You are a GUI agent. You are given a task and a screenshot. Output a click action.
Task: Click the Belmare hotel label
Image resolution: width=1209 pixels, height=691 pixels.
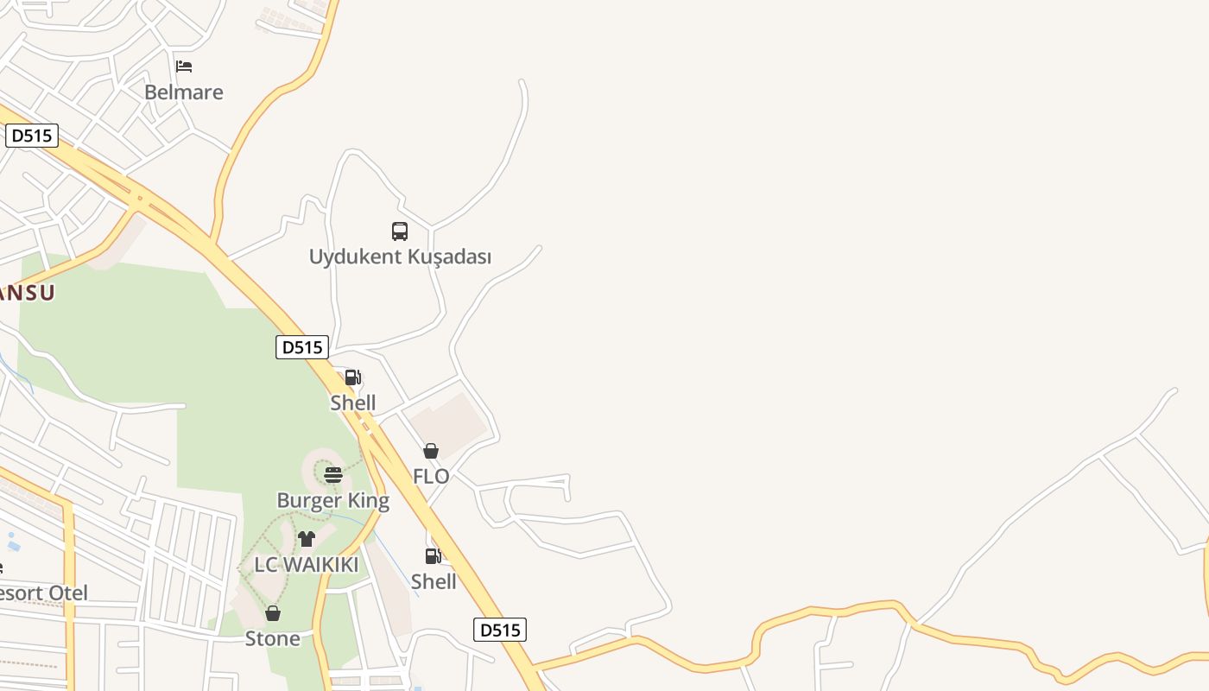(x=183, y=92)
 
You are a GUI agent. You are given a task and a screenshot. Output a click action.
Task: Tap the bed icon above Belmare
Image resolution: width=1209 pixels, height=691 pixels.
(x=184, y=66)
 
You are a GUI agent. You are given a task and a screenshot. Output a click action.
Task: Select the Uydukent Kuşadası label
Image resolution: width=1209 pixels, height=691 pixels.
(x=400, y=257)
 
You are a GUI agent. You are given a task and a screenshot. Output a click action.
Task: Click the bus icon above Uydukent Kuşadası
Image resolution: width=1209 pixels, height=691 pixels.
(x=400, y=231)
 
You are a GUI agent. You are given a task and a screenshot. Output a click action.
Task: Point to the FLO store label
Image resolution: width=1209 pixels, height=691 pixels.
(x=431, y=476)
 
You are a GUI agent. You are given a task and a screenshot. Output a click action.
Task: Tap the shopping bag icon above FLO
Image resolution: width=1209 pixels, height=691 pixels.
(x=431, y=451)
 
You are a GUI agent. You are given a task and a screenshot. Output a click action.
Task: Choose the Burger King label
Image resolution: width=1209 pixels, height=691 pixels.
(x=332, y=500)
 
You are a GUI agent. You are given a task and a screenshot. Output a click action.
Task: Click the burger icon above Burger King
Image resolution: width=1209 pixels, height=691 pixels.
(x=333, y=474)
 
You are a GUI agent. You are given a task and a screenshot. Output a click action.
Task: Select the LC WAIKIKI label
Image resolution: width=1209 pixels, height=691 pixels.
(x=306, y=565)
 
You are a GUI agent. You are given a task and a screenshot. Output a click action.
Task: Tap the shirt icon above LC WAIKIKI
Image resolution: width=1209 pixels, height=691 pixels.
(x=307, y=539)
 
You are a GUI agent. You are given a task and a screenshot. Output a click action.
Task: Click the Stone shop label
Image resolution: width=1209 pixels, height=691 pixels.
(x=273, y=638)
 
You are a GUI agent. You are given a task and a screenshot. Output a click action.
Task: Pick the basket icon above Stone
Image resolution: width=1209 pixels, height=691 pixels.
(x=273, y=613)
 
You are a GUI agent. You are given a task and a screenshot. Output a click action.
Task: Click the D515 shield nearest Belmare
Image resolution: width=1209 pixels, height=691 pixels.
(x=32, y=136)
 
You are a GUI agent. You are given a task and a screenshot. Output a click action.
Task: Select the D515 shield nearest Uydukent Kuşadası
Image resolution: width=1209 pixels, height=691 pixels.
(x=302, y=347)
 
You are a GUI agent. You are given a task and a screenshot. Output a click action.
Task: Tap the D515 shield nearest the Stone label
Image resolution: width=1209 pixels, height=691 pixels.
(x=500, y=630)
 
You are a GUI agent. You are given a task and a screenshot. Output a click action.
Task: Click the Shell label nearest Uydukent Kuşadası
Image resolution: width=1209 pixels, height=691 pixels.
(x=353, y=403)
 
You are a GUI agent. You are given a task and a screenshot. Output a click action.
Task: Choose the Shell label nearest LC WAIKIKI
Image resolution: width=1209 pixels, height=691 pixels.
(x=434, y=581)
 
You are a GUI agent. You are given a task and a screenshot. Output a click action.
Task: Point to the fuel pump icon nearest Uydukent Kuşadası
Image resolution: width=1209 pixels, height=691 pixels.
(x=352, y=377)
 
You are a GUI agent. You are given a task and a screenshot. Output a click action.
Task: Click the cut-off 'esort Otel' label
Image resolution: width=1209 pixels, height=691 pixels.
(x=43, y=593)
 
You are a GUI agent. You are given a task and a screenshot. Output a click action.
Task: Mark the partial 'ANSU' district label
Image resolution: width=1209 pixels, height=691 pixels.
(x=27, y=292)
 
